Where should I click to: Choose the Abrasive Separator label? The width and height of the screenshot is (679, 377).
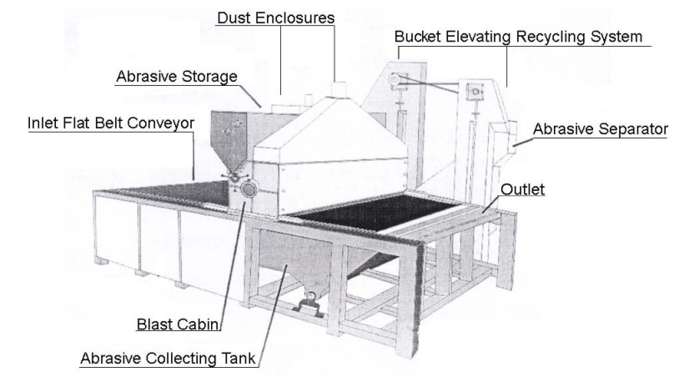point(600,128)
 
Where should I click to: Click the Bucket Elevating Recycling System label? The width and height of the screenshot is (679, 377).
point(519,38)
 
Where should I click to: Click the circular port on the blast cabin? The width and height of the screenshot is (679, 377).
point(249,191)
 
